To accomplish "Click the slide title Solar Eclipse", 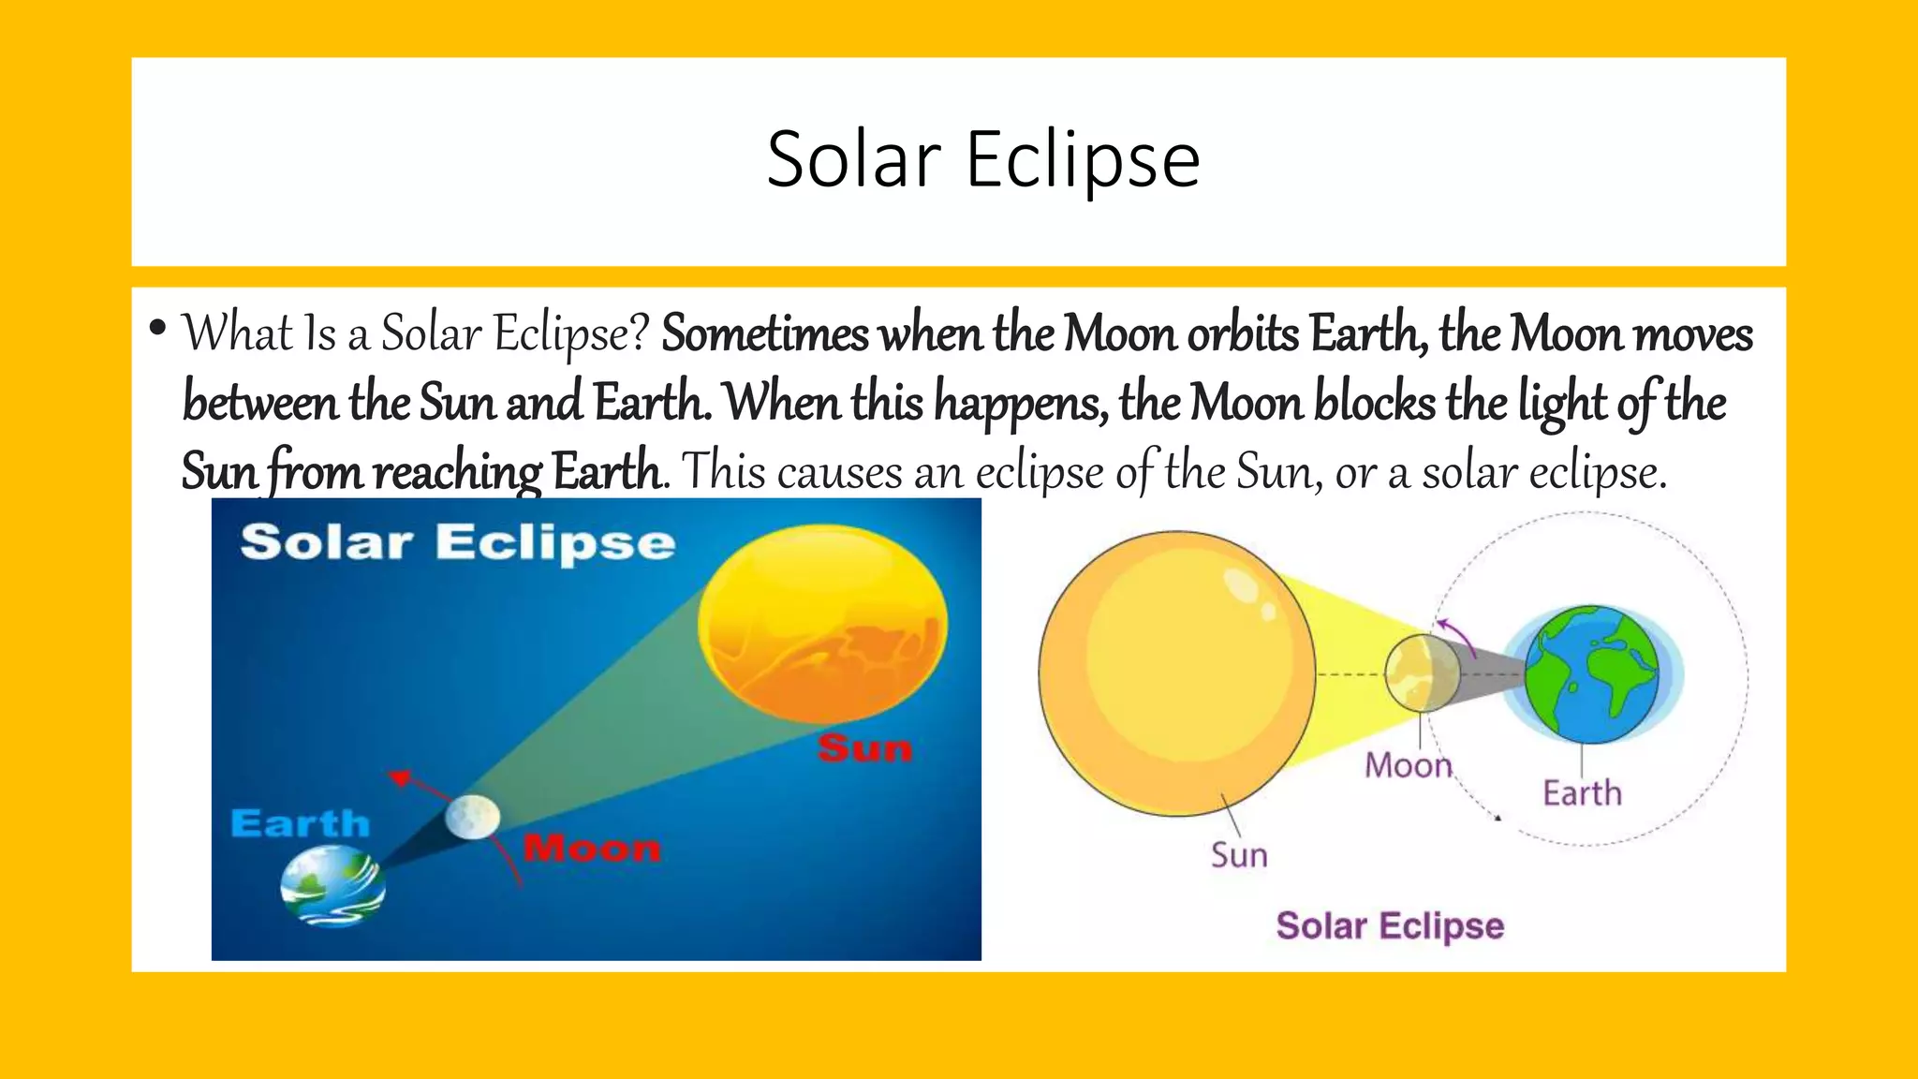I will [982, 160].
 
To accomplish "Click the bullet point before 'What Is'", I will [157, 329].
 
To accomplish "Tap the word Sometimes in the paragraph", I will [764, 334].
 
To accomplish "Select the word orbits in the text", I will [1243, 334].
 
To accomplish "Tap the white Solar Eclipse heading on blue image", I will [457, 543].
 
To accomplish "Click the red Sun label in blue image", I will [864, 748].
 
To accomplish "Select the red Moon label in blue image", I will [592, 849].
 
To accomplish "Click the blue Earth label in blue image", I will [300, 824].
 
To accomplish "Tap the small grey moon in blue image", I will [472, 817].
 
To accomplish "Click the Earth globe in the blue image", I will [332, 886].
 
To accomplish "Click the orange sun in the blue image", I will [823, 623].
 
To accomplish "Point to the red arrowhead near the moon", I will [401, 777].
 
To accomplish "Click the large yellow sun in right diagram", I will [1176, 673].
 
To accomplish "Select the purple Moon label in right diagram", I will [1407, 766].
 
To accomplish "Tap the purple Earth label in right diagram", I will [1582, 793].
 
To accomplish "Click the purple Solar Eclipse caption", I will [1390, 925].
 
